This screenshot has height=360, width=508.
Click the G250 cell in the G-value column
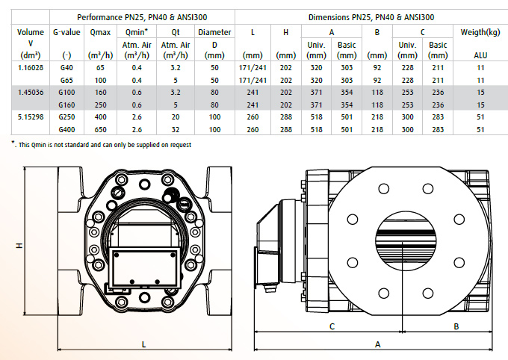point(66,117)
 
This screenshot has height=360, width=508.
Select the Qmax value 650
point(100,130)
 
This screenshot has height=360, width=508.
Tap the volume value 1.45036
point(31,93)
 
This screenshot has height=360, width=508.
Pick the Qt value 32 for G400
point(176,130)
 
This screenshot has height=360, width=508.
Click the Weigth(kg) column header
point(480,32)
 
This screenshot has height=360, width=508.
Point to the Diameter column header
point(214,32)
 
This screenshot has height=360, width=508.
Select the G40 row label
point(66,68)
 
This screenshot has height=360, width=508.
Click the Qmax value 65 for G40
point(100,68)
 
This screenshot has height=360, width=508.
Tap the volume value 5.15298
point(31,117)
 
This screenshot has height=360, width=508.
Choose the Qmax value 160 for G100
point(100,93)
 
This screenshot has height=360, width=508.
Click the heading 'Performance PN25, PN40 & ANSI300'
point(142,17)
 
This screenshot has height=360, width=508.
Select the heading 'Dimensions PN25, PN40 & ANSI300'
point(371,17)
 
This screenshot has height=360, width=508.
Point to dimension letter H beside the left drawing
point(19,246)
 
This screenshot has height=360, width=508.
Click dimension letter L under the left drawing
point(144,344)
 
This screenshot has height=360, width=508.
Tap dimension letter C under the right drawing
point(332,326)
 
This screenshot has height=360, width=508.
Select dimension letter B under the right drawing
point(456,326)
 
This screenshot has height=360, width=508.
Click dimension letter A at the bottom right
point(378,344)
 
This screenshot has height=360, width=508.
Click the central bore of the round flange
point(406,242)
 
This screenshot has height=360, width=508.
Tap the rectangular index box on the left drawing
point(144,267)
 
